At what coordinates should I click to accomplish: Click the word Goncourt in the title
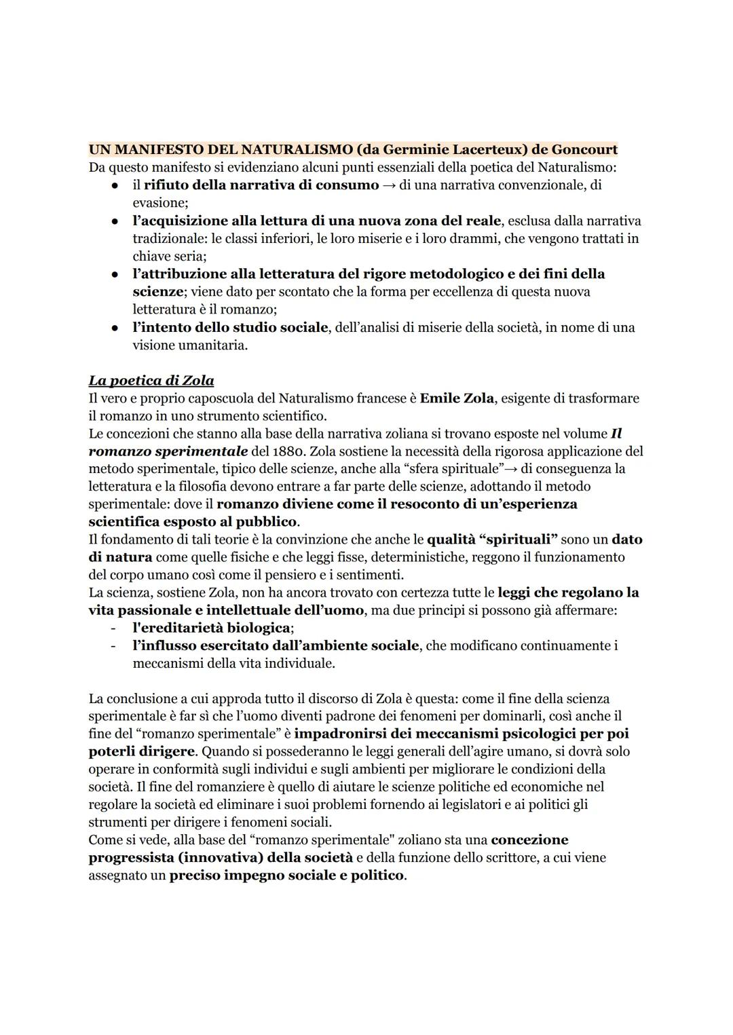584,149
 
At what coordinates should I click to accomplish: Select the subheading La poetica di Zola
151,381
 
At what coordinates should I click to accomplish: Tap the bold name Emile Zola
456,398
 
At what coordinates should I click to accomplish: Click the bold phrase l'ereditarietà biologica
211,628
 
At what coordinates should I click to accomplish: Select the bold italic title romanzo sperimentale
168,451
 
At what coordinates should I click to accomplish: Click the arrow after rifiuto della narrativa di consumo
389,185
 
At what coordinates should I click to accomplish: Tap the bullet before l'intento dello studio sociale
115,328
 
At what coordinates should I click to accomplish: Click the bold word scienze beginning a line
157,292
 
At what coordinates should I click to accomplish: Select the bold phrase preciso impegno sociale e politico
286,875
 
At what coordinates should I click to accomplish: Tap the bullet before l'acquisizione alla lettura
115,221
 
